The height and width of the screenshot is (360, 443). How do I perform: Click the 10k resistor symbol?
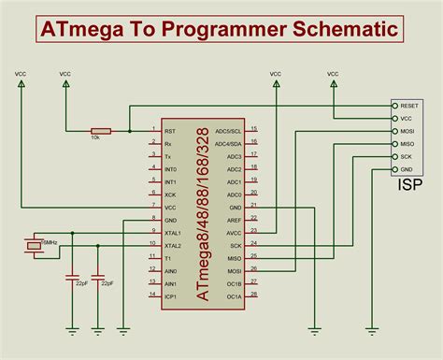101,131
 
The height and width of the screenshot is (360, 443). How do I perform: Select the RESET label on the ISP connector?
408,108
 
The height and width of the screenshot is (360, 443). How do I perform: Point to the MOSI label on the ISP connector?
407,132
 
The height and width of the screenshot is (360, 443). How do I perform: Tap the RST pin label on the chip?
168,131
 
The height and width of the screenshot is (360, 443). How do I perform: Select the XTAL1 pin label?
172,232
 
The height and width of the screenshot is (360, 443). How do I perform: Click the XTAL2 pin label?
172,245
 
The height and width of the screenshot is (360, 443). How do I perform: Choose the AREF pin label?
234,220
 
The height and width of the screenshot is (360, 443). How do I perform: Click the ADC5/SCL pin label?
229,131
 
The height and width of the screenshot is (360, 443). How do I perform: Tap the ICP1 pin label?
170,295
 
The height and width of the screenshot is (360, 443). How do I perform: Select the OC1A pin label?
234,295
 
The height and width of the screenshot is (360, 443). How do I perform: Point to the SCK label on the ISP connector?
407,156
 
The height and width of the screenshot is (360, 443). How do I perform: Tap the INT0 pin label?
170,169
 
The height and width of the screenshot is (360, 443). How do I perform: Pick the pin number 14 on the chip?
152,293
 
